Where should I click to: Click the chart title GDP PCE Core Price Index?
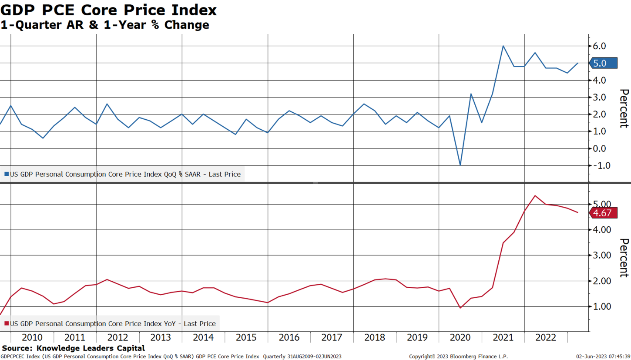click(108, 10)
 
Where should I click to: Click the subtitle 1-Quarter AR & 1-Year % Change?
click(104, 25)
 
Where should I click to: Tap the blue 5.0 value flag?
click(603, 63)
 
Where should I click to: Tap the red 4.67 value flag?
click(603, 213)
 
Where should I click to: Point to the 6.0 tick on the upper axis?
click(602, 46)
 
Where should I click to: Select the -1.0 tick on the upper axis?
click(601, 165)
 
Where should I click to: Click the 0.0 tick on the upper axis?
click(602, 148)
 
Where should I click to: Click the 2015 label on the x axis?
click(246, 338)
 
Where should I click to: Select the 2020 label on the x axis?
click(460, 338)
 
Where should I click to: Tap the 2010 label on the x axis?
click(32, 338)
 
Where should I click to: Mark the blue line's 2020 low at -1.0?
click(460, 165)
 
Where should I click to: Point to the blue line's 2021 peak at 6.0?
click(503, 46)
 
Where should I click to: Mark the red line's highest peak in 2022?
click(535, 195)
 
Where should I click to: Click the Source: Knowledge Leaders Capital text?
click(73, 348)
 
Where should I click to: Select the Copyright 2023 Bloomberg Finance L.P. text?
click(458, 357)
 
